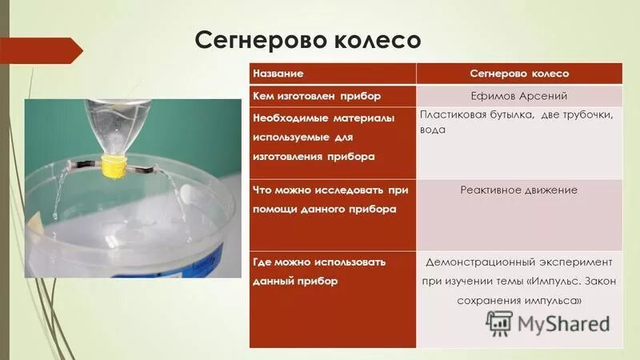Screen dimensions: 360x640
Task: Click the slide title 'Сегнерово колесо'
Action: [x=308, y=39]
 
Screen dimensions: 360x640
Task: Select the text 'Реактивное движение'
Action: [x=518, y=190]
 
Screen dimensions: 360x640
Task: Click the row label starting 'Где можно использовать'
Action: [x=318, y=262]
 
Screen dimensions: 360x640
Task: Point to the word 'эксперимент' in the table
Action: [x=580, y=262]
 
